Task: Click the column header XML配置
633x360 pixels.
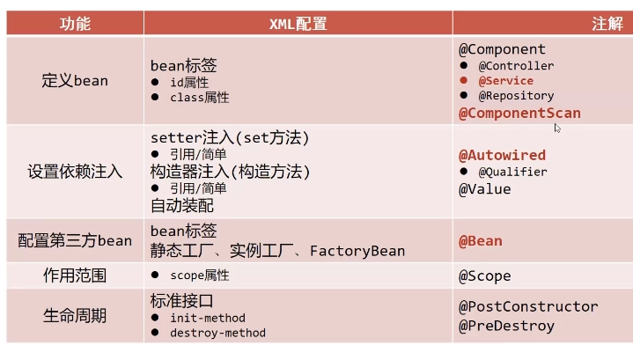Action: pyautogui.click(x=298, y=24)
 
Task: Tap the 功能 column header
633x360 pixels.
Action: pyautogui.click(x=75, y=24)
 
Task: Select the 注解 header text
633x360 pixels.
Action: pyautogui.click(x=607, y=24)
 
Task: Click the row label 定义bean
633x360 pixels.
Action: pyautogui.click(x=75, y=81)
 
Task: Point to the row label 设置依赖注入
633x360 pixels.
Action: pyautogui.click(x=75, y=172)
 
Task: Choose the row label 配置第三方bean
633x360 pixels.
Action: pyautogui.click(x=75, y=241)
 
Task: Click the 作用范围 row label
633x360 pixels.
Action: pyautogui.click(x=75, y=276)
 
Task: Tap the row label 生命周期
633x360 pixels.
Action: pyautogui.click(x=75, y=316)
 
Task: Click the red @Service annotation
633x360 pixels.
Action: pyautogui.click(x=506, y=81)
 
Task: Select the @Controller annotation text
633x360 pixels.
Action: pyautogui.click(x=516, y=66)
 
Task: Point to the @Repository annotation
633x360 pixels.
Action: pyautogui.click(x=516, y=96)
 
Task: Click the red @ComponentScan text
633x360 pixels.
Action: pyautogui.click(x=519, y=114)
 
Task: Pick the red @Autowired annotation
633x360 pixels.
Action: pyautogui.click(x=502, y=156)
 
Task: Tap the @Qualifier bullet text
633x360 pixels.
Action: pyautogui.click(x=512, y=173)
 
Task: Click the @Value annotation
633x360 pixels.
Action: pyautogui.click(x=485, y=189)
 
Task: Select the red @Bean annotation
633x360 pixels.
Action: pyautogui.click(x=481, y=241)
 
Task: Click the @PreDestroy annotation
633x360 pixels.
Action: pyautogui.click(x=506, y=326)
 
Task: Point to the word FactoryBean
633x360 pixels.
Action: pyautogui.click(x=357, y=251)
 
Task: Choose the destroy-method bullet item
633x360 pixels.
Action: pyautogui.click(x=218, y=333)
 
